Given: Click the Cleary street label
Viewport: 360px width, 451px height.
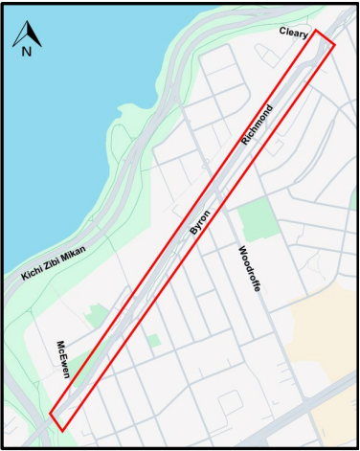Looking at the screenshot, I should click(x=294, y=33).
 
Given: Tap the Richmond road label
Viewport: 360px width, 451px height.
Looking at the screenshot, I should click(x=258, y=124).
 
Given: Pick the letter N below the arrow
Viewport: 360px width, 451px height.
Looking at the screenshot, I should click(x=26, y=52).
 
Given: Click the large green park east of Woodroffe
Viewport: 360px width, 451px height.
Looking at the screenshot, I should click(x=257, y=221).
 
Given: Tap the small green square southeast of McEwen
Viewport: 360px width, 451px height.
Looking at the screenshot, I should click(x=154, y=340).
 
